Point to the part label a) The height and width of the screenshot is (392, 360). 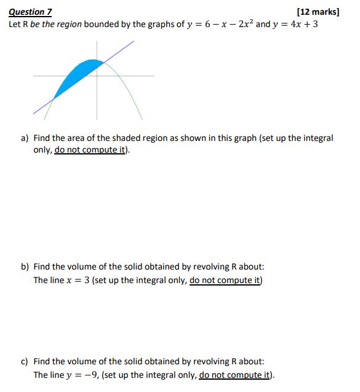(x=25, y=138)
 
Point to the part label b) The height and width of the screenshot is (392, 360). (x=25, y=267)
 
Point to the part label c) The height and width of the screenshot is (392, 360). (x=25, y=362)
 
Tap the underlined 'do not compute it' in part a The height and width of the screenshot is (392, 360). (x=92, y=150)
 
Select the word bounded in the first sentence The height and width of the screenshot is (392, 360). (x=102, y=25)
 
